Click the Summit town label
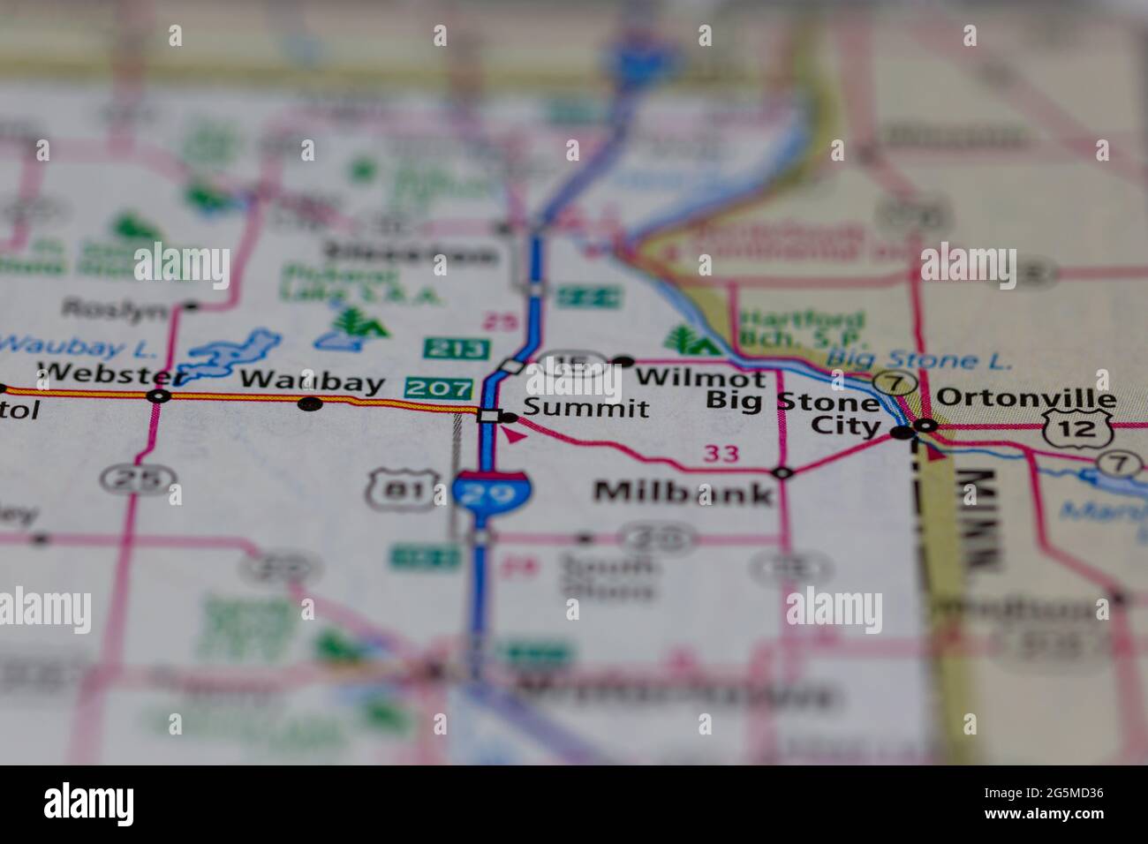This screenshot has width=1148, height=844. (x=585, y=408)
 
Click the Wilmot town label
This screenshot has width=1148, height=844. (x=700, y=378)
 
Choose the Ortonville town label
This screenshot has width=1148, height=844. (x=1025, y=398)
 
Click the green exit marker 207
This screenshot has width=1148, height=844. (x=439, y=388)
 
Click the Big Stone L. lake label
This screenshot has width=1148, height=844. (x=919, y=359)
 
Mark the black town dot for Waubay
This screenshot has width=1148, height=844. (x=310, y=404)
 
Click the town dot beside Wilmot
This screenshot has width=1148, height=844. (x=623, y=361)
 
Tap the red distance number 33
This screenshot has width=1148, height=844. (x=721, y=455)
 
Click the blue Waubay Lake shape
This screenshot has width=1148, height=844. (x=232, y=353)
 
